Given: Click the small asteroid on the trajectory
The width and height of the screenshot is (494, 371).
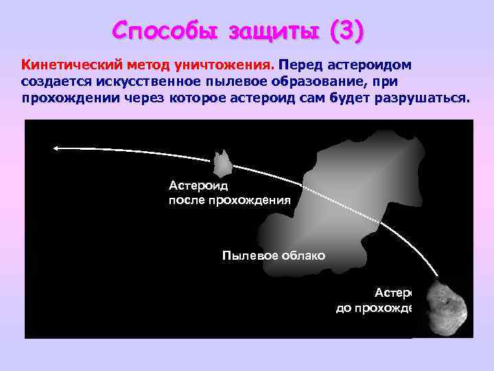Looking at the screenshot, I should coord(222,164).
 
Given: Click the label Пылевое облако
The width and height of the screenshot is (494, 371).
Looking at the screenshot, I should coord(273,256).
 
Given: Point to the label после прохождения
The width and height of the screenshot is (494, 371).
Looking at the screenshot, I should coord(230,200).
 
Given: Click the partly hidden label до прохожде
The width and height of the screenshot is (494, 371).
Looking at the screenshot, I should coord(375,308).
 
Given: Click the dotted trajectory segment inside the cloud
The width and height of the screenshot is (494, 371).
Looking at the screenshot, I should coord(343,206).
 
